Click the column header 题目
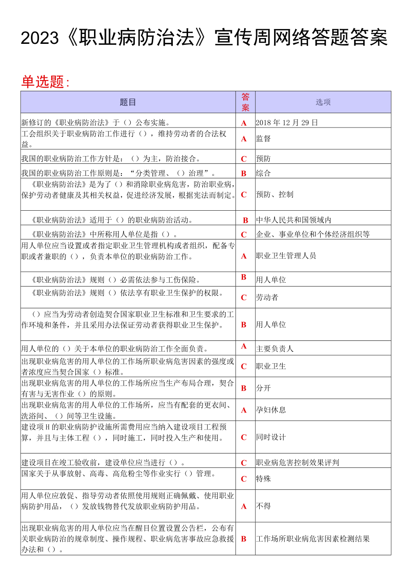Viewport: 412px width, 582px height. [x=128, y=102]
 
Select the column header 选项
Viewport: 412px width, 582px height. [x=323, y=102]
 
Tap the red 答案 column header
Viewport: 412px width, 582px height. [x=245, y=102]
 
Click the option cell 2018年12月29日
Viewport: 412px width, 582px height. [x=287, y=123]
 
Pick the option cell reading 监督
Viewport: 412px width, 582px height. [x=263, y=139]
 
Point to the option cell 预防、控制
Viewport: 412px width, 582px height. [x=275, y=194]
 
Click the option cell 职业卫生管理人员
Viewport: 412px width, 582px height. [x=286, y=256]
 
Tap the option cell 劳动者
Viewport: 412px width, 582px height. [x=267, y=297]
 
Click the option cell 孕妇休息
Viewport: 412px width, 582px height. [x=271, y=410]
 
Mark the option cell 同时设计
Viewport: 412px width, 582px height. [x=271, y=437]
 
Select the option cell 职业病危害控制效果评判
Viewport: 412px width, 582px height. [x=297, y=463]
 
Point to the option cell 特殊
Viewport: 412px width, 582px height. [x=263, y=479]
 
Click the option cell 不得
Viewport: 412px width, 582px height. [x=263, y=506]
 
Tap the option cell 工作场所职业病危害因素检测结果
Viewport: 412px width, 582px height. [x=313, y=539]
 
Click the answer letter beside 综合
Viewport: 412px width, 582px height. [x=244, y=174]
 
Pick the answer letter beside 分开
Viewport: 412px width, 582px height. [x=244, y=388]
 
